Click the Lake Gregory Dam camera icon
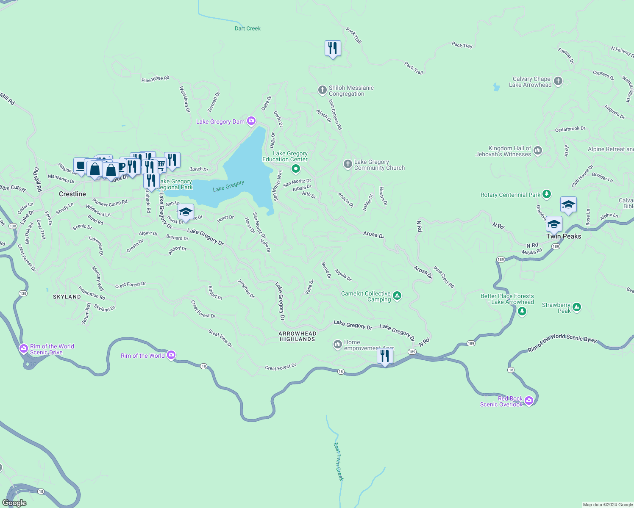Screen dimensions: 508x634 [x=251, y=121]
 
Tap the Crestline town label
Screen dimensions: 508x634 [x=72, y=194]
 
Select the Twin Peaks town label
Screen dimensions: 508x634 [x=564, y=236]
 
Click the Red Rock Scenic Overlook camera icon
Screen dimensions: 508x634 [x=528, y=400]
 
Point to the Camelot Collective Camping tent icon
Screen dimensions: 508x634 [x=397, y=296]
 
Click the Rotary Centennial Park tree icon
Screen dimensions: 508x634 [x=547, y=194]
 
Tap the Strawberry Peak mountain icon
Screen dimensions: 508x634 [x=576, y=307]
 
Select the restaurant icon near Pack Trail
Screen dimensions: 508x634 [x=333, y=48]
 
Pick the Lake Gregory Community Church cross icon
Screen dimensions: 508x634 [x=348, y=164]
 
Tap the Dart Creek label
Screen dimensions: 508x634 [x=247, y=28]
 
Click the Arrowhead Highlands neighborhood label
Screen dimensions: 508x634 [x=297, y=336]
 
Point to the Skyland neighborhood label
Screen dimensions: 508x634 [x=67, y=297]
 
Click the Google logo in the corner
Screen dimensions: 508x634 [x=14, y=503]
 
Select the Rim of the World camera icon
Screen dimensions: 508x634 [x=171, y=355]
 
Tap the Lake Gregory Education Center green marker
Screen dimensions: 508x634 [x=296, y=169]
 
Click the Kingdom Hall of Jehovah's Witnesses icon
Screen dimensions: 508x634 [x=538, y=150]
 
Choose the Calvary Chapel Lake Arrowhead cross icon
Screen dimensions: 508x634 [x=558, y=81]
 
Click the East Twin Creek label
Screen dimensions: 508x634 [x=338, y=461]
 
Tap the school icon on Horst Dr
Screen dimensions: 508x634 [x=186, y=212]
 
